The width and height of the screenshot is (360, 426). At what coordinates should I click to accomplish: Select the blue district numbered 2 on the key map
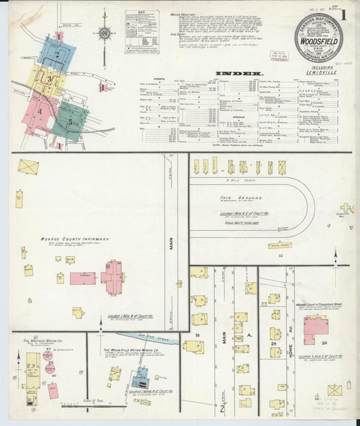coord(59,51)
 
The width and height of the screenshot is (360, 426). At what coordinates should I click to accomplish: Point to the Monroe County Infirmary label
coord(76,239)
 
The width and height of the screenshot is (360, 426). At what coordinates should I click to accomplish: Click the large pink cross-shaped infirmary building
coord(112,277)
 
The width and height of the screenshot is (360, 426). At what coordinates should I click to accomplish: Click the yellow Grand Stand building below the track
coord(278,245)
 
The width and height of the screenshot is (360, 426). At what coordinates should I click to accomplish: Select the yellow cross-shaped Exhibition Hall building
coord(346,209)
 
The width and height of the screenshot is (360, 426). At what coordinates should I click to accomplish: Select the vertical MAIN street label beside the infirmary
coord(172,242)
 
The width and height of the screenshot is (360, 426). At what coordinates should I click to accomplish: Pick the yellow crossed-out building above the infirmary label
coord(28,166)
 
